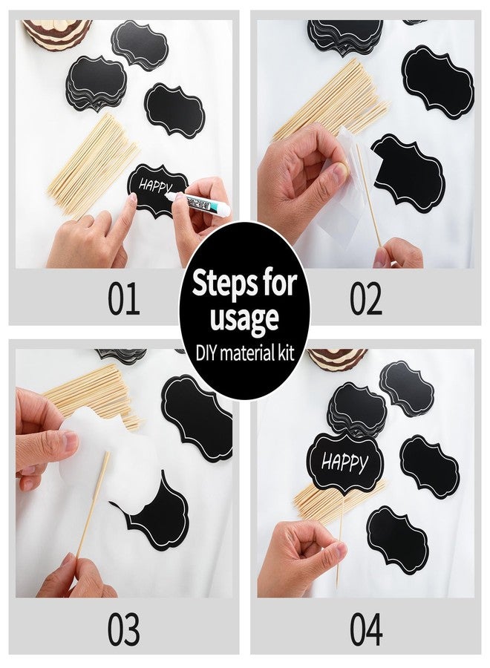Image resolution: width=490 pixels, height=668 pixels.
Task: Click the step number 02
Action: (x=366, y=299)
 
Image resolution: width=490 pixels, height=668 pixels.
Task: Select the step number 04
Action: (x=366, y=629)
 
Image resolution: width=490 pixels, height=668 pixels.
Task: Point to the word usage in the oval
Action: (x=244, y=318)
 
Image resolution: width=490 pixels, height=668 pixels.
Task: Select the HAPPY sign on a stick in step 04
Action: (x=344, y=464)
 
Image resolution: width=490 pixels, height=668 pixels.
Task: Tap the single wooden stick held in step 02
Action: (x=368, y=193)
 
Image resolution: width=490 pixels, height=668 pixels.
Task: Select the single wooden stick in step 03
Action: (x=93, y=505)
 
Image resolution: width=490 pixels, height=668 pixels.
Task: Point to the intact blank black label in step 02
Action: (x=437, y=82)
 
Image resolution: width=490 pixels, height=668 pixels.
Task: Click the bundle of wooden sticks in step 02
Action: (x=334, y=104)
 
